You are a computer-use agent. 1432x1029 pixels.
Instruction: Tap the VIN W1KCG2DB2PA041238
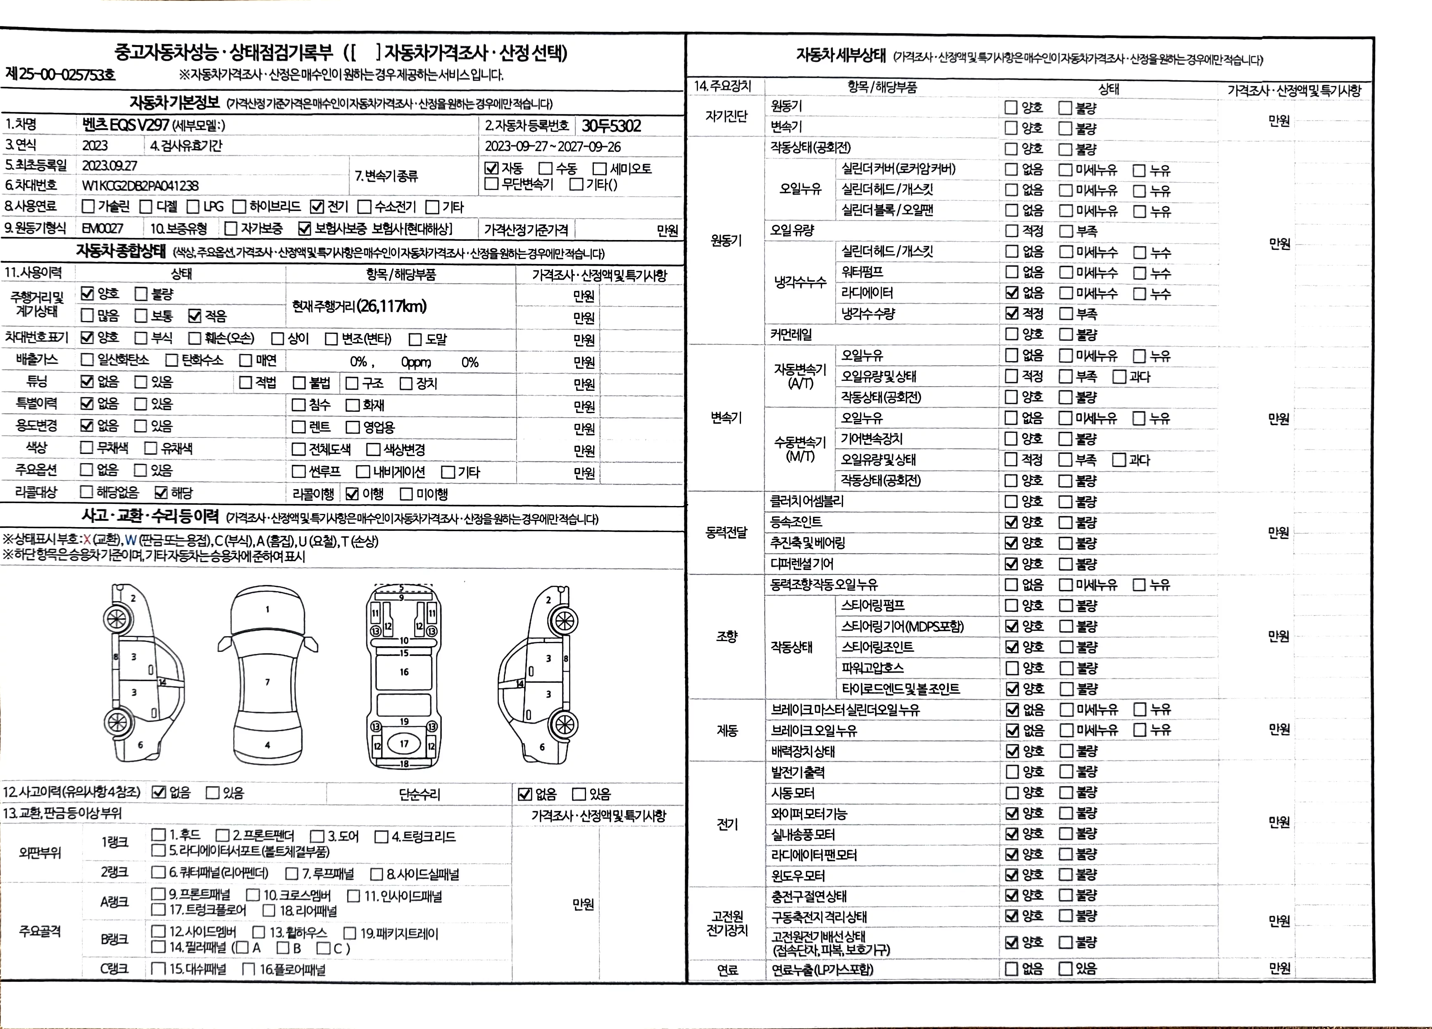140,185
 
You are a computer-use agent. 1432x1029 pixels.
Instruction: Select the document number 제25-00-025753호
61,74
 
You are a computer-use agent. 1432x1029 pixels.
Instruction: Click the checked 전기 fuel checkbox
317,207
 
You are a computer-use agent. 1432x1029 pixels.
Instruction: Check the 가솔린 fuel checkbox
88,207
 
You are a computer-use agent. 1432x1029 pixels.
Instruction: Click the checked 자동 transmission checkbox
491,169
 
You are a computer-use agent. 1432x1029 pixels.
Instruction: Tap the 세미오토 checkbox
599,169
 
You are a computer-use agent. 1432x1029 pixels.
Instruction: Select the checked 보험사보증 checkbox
305,228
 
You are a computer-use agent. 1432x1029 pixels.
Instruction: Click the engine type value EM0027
102,228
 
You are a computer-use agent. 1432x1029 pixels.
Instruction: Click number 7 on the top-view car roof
268,682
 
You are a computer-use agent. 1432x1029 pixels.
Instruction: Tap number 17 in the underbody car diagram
404,744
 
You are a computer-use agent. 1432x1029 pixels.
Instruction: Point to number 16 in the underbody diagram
404,672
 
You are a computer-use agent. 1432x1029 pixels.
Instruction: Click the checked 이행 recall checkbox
352,494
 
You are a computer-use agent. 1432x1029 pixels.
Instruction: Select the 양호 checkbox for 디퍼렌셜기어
1012,564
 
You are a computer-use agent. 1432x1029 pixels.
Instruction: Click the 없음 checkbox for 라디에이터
1012,293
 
